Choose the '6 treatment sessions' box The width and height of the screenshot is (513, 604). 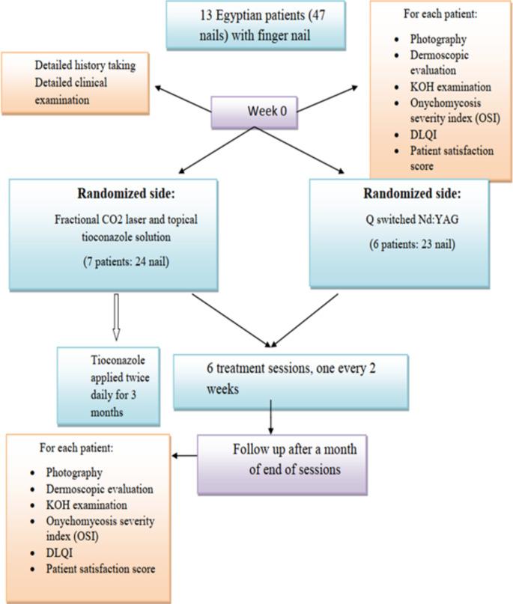(291, 381)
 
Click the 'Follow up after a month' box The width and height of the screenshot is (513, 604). (282, 463)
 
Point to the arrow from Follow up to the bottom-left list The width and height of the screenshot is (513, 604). (185, 454)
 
